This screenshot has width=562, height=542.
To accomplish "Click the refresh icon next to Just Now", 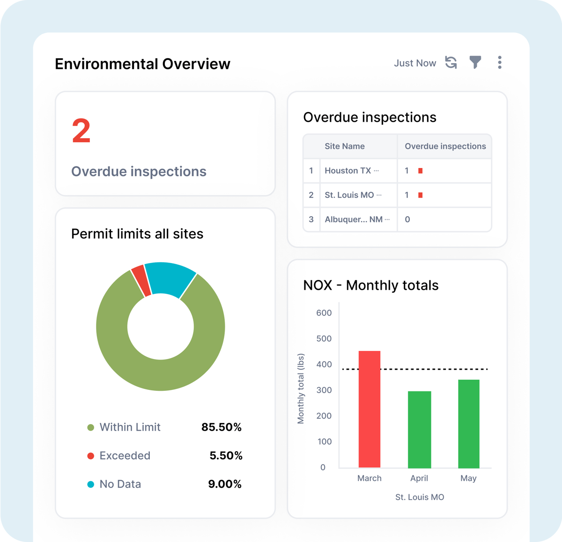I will point(451,63).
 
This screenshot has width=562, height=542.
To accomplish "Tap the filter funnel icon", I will point(475,63).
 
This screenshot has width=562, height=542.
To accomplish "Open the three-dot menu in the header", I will point(500,63).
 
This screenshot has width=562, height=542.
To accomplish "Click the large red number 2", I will point(81,131).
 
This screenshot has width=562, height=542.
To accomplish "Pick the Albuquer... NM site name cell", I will point(354,220).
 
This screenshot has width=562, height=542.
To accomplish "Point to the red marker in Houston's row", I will point(421,171).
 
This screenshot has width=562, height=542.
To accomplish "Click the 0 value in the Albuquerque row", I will point(407,220).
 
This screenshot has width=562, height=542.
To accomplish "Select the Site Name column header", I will point(345,146).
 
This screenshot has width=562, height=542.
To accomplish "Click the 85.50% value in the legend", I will point(222,427).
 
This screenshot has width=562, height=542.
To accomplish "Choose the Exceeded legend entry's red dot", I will point(91,456).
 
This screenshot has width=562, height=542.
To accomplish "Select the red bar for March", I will point(370,410).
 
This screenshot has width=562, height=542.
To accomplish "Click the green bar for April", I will point(419,429).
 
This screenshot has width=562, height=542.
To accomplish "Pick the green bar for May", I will point(468,424).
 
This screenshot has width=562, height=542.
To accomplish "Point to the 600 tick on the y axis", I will point(324,313).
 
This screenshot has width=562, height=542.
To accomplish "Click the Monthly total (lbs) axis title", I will point(301,388).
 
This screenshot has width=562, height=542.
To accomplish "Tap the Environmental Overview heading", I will point(142,64).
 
